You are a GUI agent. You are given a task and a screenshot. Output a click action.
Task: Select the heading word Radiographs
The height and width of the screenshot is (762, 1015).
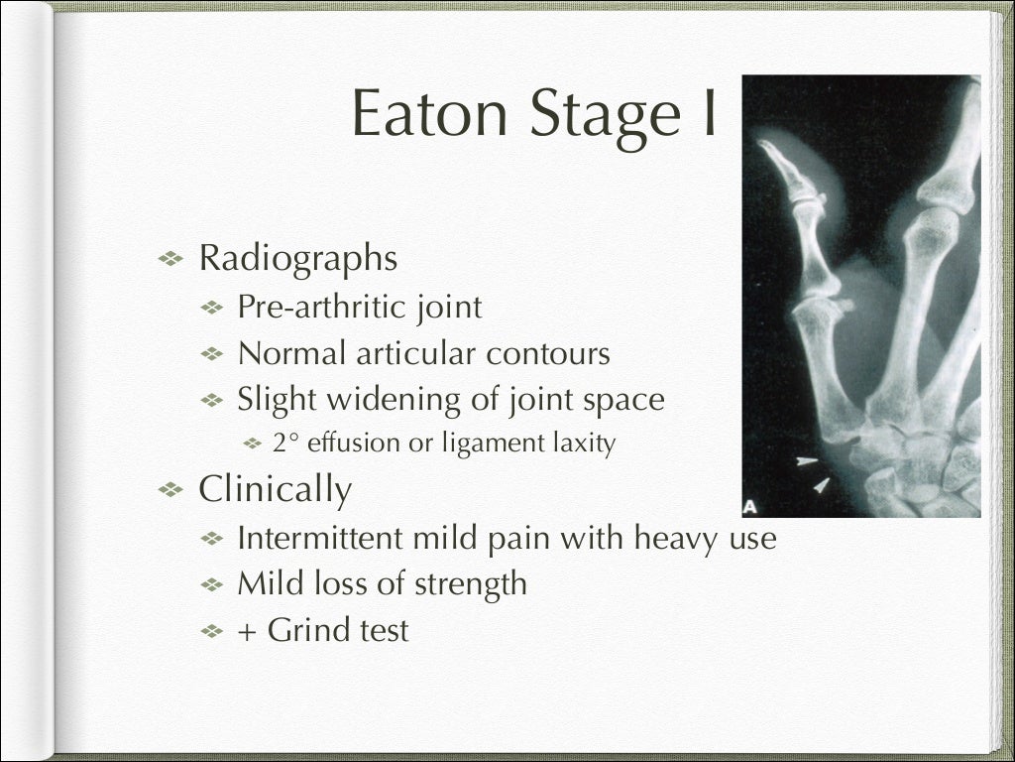point(297,259)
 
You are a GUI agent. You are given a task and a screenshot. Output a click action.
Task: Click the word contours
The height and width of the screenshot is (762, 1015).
point(550,353)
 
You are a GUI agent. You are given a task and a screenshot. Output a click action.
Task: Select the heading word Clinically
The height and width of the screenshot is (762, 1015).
point(275,489)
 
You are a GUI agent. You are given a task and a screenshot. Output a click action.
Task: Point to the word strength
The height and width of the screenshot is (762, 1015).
point(470,583)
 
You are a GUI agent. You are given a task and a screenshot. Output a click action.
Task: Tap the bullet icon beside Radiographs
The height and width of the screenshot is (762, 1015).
point(171,259)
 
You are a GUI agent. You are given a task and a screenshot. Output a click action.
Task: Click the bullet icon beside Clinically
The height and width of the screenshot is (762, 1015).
point(171,489)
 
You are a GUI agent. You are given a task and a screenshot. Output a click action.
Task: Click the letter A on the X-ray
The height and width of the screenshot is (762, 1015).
point(750,506)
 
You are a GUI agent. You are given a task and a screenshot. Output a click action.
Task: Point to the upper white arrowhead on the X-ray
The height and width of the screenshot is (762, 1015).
point(807,460)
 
